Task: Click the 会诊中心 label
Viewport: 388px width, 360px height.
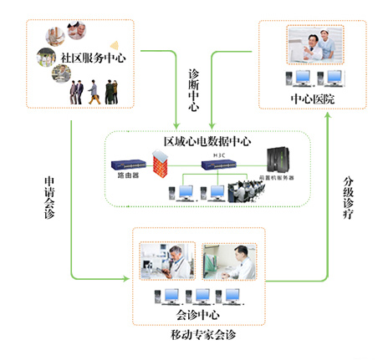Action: tap(199, 315)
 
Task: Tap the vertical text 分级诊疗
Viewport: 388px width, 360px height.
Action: tap(350, 199)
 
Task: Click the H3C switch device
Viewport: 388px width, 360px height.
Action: tap(221, 165)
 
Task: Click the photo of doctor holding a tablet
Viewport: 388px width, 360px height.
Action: tap(167, 261)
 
